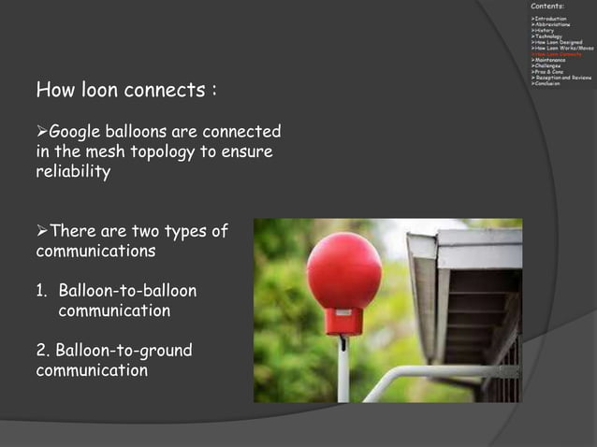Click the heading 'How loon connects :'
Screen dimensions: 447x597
[126, 92]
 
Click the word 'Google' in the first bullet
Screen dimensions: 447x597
[78, 132]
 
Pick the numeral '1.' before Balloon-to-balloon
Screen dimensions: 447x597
[43, 291]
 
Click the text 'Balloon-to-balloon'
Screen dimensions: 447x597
[126, 291]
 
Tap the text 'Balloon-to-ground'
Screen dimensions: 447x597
[124, 351]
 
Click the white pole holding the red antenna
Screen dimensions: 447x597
[343, 369]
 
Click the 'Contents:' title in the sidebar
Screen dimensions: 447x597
[546, 7]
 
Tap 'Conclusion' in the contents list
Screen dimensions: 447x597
[546, 83]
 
